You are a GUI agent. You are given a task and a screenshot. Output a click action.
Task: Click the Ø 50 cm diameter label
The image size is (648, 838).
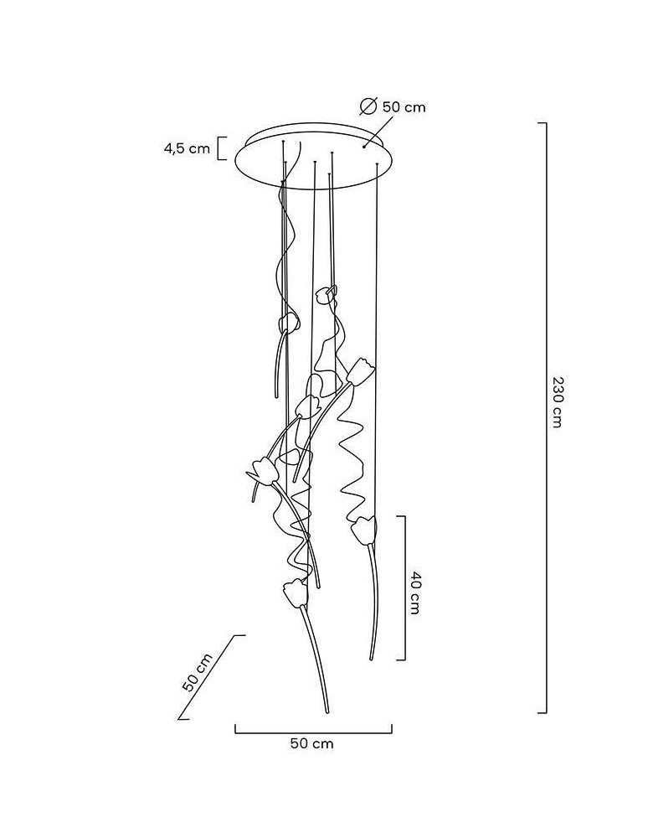click(393, 107)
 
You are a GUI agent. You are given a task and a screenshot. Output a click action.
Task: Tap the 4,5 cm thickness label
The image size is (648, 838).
click(187, 148)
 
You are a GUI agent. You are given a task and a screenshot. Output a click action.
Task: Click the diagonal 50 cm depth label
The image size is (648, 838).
click(197, 672)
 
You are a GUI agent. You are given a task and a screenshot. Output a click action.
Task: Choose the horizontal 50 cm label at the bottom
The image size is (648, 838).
click(311, 742)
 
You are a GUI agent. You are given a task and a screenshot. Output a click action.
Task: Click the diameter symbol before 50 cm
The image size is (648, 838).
click(368, 107)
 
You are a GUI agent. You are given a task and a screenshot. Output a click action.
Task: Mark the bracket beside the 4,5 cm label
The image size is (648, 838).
click(220, 148)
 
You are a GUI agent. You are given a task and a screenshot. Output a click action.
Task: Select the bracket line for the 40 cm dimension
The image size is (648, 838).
click(404, 588)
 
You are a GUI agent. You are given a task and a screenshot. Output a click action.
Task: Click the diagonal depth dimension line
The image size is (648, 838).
click(210, 677)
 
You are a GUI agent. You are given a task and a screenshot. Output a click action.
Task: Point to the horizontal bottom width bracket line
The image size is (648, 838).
click(314, 732)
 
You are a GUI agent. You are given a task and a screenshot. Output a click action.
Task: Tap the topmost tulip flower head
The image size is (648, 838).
click(327, 294)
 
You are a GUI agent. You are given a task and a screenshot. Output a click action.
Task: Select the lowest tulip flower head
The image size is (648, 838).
click(296, 592)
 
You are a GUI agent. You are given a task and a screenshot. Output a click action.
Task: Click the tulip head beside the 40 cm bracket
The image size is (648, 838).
click(364, 530)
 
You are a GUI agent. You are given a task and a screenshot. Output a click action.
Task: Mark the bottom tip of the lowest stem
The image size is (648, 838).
click(327, 711)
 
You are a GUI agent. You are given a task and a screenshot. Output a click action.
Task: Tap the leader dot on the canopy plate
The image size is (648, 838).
click(364, 146)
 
